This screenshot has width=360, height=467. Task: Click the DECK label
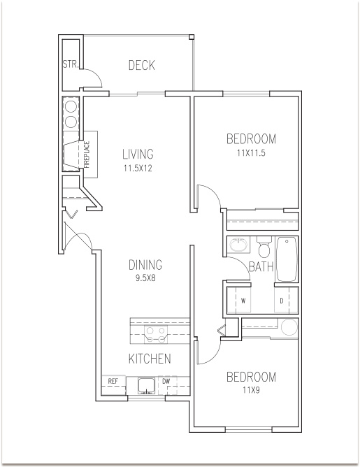coord(142,65)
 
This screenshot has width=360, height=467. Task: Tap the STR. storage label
coord(71,64)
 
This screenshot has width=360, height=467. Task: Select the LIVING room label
coord(138,154)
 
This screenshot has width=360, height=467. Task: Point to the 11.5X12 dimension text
coord(138,168)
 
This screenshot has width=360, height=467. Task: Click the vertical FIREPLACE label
coord(87,155)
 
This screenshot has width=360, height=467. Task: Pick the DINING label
coord(145,265)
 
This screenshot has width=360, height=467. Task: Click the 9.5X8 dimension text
coord(146,278)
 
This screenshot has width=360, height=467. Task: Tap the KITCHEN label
coord(150,359)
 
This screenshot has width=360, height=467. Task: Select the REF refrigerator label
coord(113,381)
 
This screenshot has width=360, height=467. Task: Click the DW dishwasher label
coord(166,380)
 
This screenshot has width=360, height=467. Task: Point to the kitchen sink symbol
coord(146,386)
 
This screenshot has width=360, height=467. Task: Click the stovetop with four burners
coord(156,335)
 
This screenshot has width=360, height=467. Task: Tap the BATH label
coord(261,266)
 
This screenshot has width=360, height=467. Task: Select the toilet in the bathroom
coord(264,247)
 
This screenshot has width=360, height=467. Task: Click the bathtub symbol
coord(287,259)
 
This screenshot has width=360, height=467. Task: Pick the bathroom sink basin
coord(238,245)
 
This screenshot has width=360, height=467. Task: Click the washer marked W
coord(243,301)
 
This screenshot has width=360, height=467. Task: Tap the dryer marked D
coord(282,301)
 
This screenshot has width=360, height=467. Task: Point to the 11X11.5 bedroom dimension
coord(251,153)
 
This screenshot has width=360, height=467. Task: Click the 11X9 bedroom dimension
coord(251,390)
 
